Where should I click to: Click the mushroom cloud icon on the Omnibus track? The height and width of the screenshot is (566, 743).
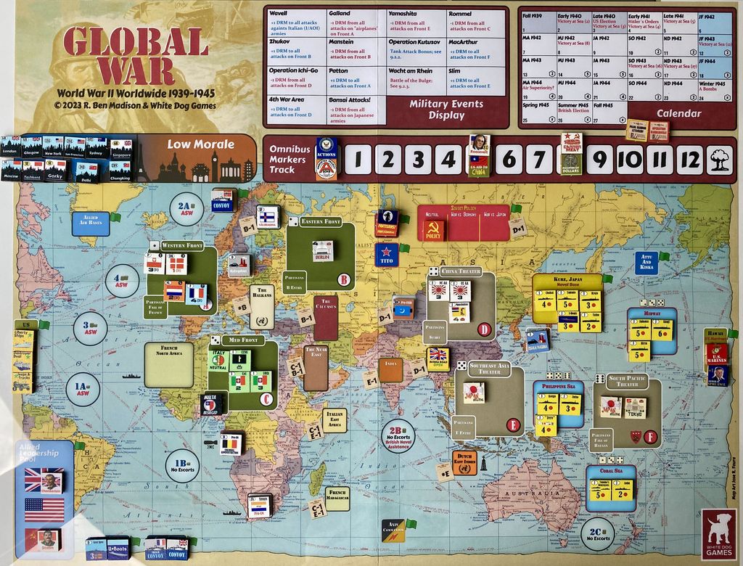click(719, 160)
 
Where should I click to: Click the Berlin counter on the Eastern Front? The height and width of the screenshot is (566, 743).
click(322, 251)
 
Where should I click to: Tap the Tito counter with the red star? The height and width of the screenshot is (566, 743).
click(386, 255)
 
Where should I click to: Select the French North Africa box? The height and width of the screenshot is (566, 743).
click(168, 364)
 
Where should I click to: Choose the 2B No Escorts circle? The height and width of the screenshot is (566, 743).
click(398, 435)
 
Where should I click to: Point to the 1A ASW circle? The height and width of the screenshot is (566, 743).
click(83, 389)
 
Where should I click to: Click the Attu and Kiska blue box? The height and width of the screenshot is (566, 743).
click(646, 262)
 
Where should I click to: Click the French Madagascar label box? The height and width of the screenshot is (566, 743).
click(337, 498)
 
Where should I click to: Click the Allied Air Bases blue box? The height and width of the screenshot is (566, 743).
click(90, 223)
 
